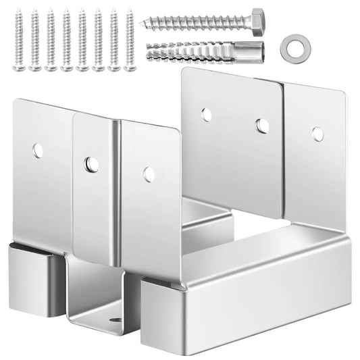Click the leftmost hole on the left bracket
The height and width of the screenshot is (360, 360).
(x=38, y=151)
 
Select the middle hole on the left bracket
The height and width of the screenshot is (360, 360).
(x=91, y=164)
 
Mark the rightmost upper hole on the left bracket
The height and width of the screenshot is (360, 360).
(x=149, y=174)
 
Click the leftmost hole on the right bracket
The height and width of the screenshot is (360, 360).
(x=207, y=114)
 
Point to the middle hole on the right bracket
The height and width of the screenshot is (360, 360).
(x=262, y=126)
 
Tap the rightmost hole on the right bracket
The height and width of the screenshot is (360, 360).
(x=317, y=134)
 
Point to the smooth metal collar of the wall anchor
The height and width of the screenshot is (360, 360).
(x=255, y=51)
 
